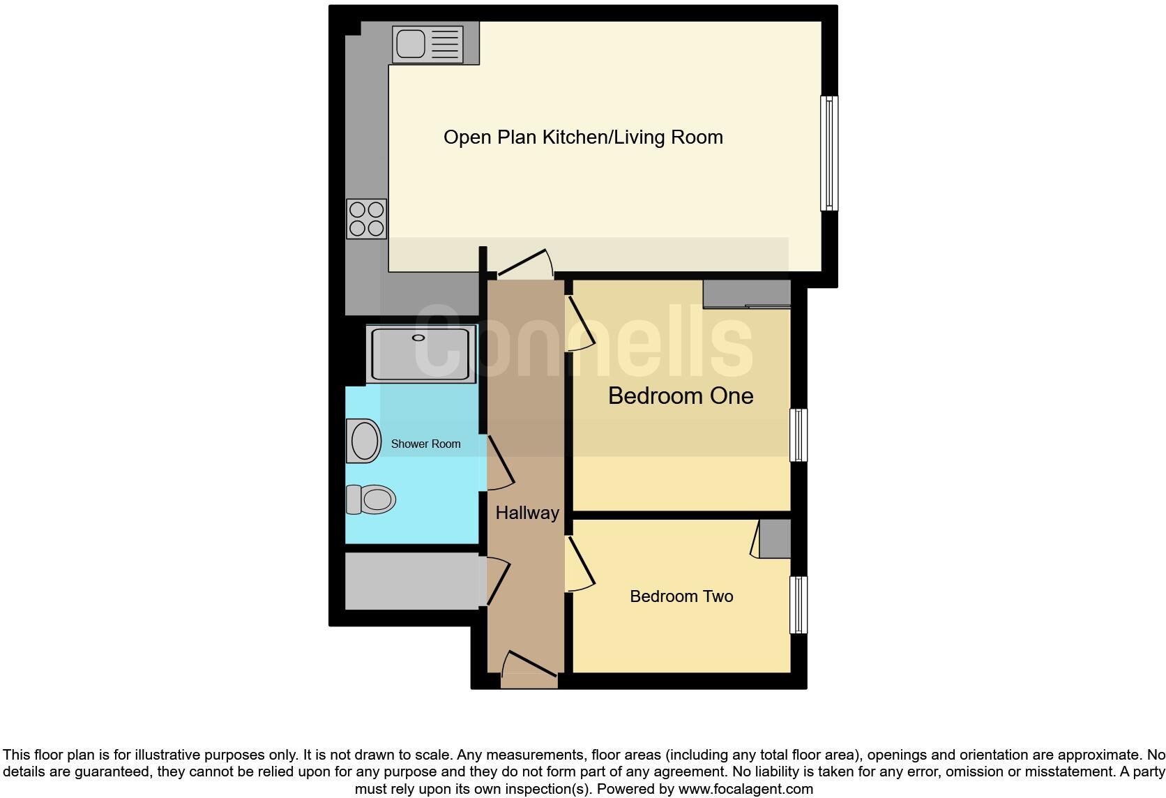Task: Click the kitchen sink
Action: pyautogui.click(x=411, y=43)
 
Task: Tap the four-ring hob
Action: pyautogui.click(x=367, y=218)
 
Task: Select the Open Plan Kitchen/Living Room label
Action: pyautogui.click(x=583, y=137)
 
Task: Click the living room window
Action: pyautogui.click(x=828, y=153)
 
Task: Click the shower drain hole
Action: pyautogui.click(x=418, y=338)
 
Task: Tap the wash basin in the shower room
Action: pyautogui.click(x=364, y=441)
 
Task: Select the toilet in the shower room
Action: pyautogui.click(x=372, y=499)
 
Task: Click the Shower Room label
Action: pyautogui.click(x=425, y=444)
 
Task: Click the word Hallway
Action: pyautogui.click(x=527, y=513)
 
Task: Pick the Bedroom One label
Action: pyautogui.click(x=681, y=396)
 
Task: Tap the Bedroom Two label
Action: pyautogui.click(x=681, y=596)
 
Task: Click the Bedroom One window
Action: pyautogui.click(x=798, y=435)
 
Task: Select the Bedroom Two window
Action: pyautogui.click(x=798, y=604)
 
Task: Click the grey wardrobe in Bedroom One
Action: pyautogui.click(x=746, y=294)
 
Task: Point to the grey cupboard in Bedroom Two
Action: pyautogui.click(x=775, y=538)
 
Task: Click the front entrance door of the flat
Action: pyautogui.click(x=529, y=666)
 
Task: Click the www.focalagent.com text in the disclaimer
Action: pyautogui.click(x=745, y=789)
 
